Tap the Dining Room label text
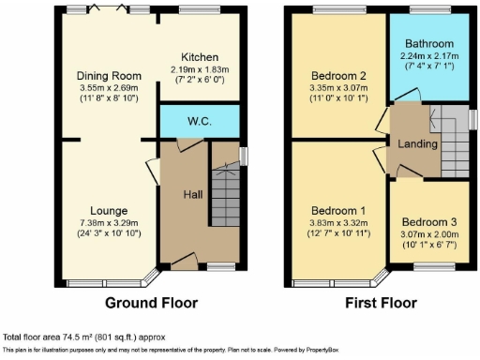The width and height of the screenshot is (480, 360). [109, 76]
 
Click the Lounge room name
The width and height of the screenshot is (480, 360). [109, 211]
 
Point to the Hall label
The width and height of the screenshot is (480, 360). [193, 193]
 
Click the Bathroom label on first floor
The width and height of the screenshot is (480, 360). [429, 44]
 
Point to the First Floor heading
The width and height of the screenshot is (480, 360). [382, 303]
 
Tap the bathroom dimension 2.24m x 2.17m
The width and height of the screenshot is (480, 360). [429, 55]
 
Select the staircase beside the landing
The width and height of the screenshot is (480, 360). [452, 150]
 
